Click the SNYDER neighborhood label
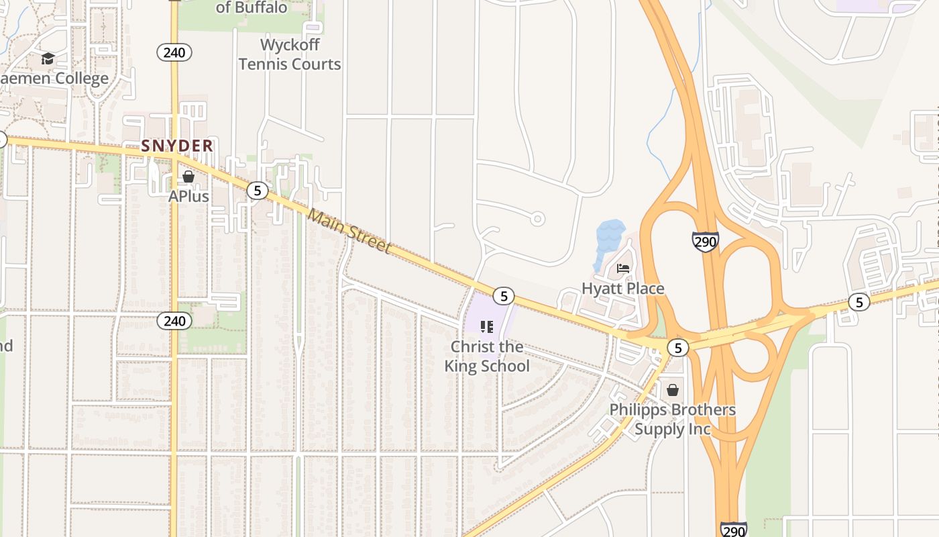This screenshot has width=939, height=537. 177,146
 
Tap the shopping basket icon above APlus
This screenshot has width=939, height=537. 188,177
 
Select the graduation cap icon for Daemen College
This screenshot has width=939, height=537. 48,59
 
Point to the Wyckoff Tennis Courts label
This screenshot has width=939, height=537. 290,54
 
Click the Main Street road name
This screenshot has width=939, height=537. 349,230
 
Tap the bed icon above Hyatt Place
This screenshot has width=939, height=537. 623,268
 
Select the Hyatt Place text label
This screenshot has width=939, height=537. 622,289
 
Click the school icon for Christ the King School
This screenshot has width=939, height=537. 487,327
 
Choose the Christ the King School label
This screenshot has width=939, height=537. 487,356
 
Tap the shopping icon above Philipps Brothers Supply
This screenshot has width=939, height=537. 673,390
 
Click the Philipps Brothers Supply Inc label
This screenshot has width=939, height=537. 672,420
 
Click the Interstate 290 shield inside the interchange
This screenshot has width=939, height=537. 706,242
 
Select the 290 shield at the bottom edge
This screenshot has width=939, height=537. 734,529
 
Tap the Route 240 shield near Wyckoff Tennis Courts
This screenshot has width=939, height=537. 174,52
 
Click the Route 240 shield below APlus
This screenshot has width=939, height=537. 174,321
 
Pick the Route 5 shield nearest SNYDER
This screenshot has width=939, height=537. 257,191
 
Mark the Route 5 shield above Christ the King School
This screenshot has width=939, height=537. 503,295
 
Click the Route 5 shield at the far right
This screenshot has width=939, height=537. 859,302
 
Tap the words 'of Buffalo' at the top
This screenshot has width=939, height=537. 252,8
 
